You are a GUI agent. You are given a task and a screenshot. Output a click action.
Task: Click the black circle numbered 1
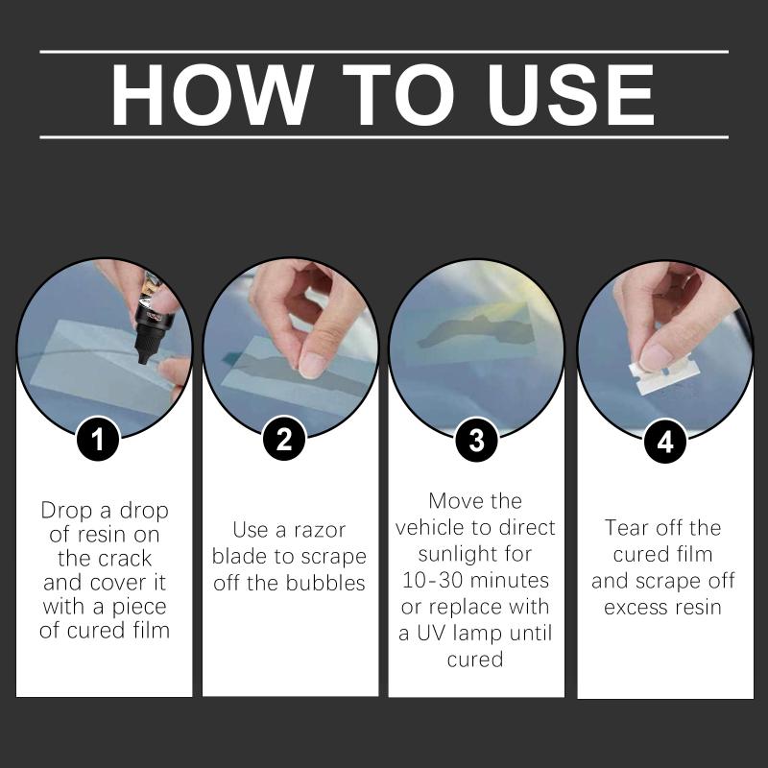[98, 439]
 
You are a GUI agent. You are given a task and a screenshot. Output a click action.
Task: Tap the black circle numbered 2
[284, 439]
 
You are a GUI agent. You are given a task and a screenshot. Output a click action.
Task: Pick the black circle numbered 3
[476, 440]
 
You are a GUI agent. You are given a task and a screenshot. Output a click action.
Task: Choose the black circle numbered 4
[664, 442]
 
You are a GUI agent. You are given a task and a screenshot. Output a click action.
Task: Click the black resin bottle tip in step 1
[143, 355]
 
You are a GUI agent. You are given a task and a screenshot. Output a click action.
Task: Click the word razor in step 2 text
[320, 530]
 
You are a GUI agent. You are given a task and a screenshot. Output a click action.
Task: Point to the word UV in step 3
[431, 634]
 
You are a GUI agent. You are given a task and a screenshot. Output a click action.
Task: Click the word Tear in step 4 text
[627, 528]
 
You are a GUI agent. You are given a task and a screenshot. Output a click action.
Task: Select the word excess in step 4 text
[636, 608]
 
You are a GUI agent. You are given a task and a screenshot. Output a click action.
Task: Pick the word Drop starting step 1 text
[66, 511]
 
